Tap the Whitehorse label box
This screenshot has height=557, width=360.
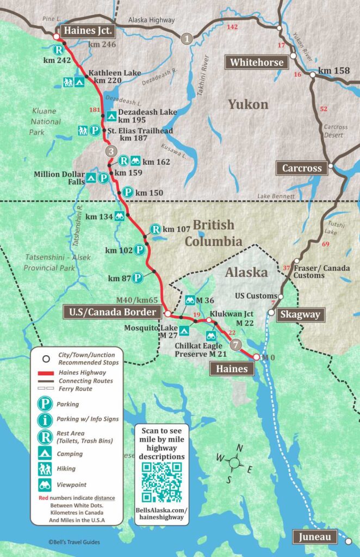257,62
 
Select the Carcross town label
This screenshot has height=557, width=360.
302,168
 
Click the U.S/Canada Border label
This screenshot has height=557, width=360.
113,312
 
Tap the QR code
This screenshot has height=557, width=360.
162,483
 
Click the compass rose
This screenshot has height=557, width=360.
234,463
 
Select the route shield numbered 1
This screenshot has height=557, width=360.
187,38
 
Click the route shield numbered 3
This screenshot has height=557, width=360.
110,151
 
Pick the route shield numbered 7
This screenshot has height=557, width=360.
235,345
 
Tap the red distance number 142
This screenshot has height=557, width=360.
232,27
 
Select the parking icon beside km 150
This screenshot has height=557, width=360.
127,192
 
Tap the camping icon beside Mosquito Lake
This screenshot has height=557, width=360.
184,331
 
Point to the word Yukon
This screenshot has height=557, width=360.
248,104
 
